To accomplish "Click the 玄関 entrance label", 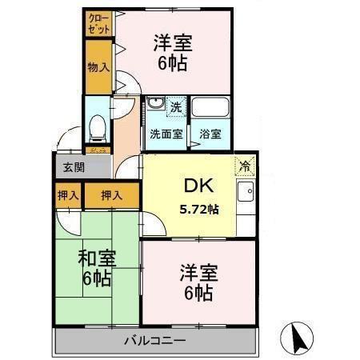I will point(73,166).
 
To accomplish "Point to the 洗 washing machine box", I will point(174,104).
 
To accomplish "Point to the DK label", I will point(198,186).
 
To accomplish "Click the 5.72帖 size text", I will point(198,209).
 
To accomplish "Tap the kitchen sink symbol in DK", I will point(245,193).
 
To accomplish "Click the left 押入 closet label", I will point(68,194).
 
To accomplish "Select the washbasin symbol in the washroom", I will point(154,105).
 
